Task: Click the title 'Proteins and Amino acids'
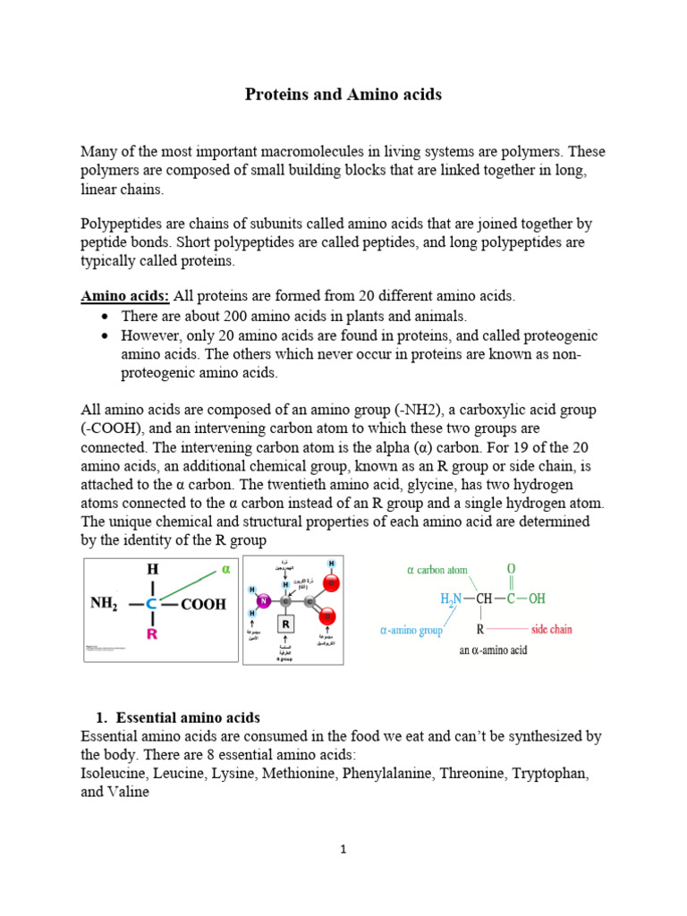343,94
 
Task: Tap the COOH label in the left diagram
203,605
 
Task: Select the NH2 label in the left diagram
105,604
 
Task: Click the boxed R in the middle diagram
285,623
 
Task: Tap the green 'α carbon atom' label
437,570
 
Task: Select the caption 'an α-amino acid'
492,650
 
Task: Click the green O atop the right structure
512,569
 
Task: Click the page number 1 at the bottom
343,850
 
